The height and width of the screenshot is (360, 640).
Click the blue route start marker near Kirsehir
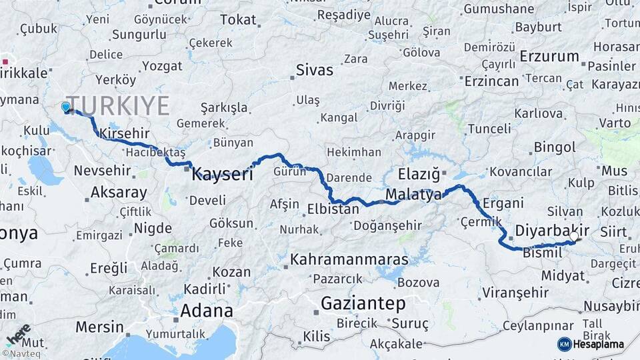[65, 107]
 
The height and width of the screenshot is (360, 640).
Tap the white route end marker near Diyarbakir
[573, 236]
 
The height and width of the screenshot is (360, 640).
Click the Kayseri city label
[222, 175]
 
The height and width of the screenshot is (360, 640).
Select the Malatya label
[413, 195]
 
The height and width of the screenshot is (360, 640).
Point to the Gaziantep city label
[363, 304]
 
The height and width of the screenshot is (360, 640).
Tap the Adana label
[207, 311]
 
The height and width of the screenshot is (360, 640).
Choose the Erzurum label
[549, 56]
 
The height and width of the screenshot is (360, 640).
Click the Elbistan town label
[333, 209]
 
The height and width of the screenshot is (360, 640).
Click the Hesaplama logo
[592, 344]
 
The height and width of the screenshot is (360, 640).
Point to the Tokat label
[238, 20]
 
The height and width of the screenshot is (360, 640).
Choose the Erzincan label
[491, 81]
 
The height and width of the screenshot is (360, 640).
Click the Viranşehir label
[515, 292]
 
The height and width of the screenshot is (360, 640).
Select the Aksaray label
[119, 193]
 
